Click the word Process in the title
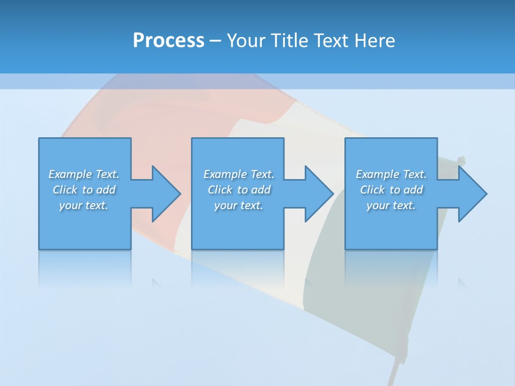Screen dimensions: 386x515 (168, 41)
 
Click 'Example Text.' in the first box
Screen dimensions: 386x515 (84, 174)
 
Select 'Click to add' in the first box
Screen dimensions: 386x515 (84, 190)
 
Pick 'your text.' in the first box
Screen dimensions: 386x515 (84, 205)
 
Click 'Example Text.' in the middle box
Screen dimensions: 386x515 (239, 174)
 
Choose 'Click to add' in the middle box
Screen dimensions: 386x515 (239, 190)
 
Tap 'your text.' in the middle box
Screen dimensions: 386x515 (239, 205)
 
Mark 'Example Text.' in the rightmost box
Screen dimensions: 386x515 (391, 174)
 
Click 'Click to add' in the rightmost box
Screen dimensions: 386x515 (391, 190)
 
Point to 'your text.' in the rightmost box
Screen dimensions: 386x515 (391, 205)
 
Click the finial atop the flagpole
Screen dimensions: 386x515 (461, 159)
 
